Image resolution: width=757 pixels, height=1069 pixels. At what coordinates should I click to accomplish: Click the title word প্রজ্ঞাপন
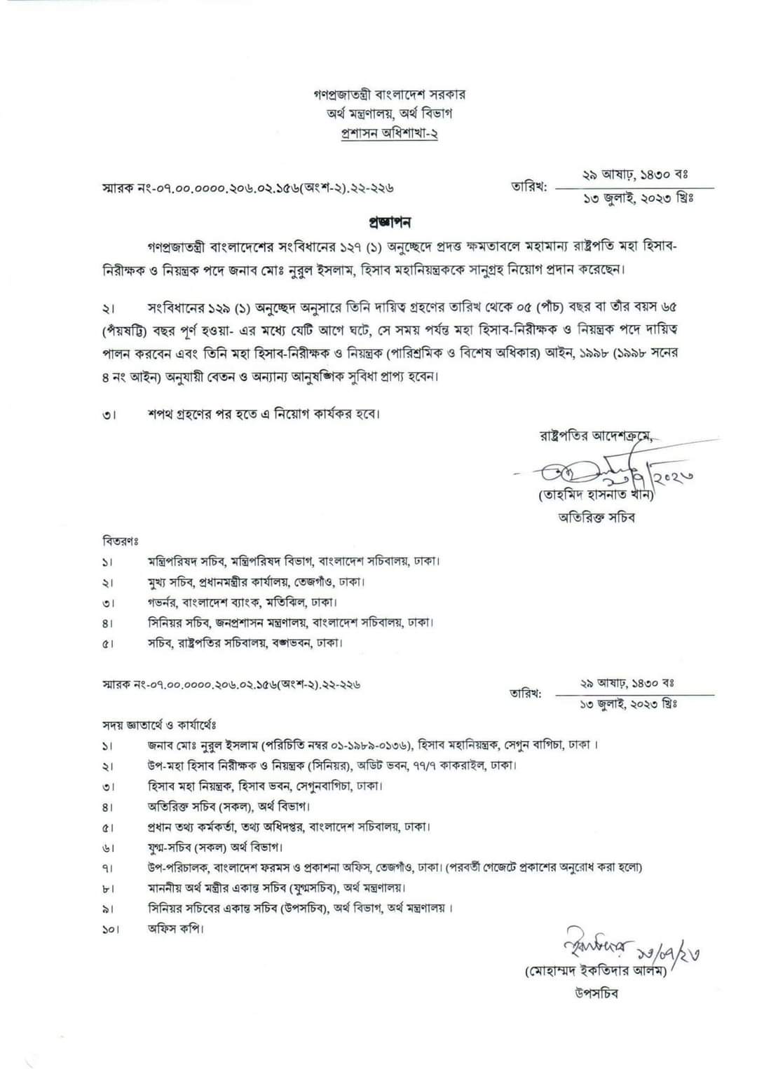pyautogui.click(x=389, y=223)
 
